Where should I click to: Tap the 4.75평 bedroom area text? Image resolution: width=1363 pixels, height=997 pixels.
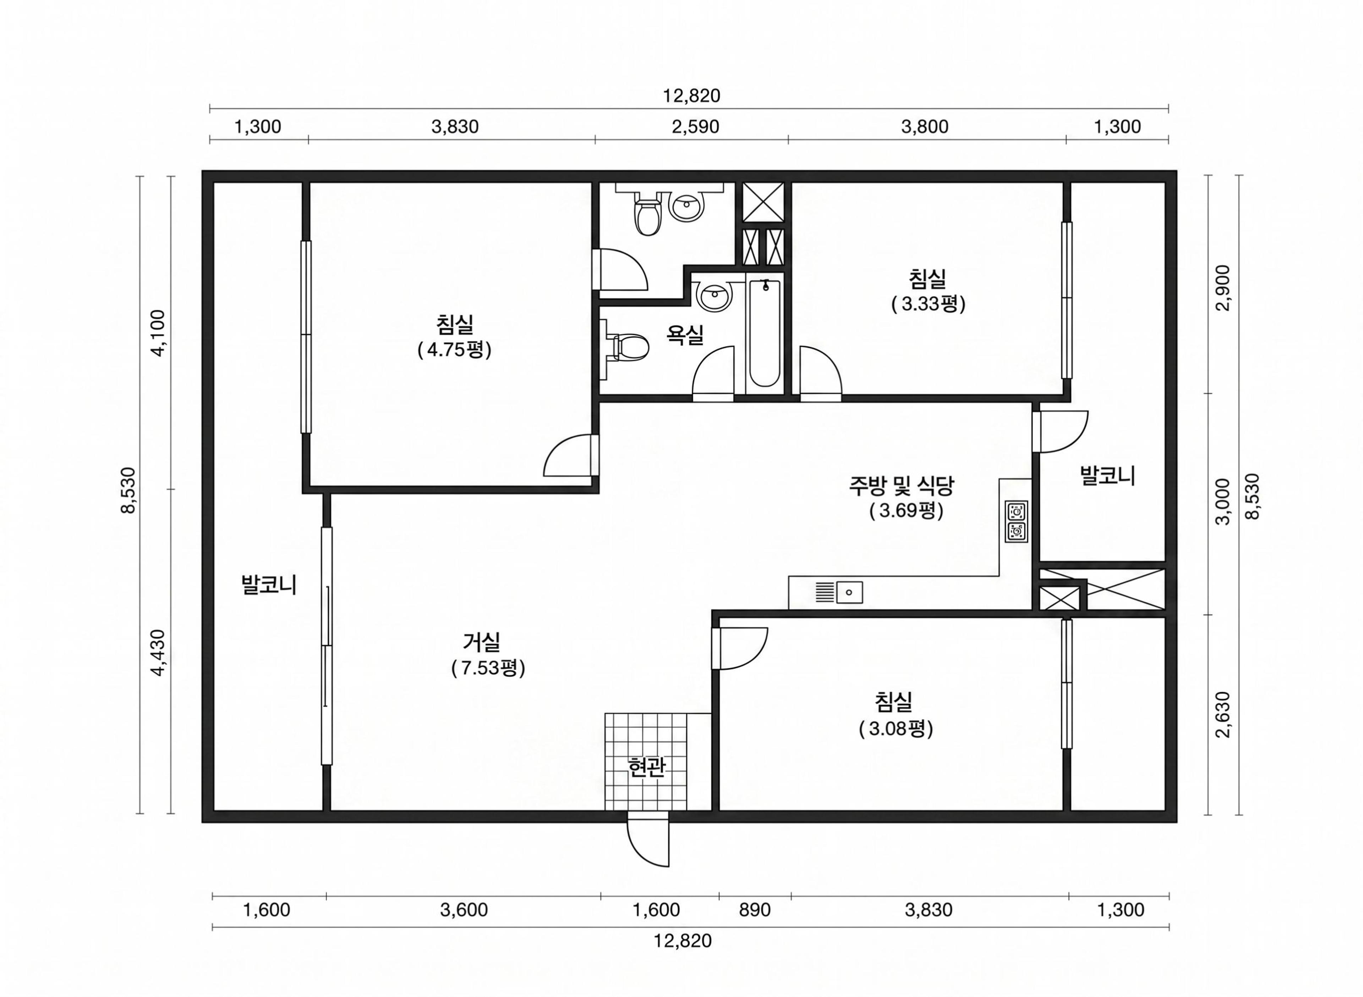coord(454,350)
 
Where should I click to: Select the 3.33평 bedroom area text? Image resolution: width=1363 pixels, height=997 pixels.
coord(928,304)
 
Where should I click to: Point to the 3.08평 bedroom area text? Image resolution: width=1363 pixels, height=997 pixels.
coord(896,729)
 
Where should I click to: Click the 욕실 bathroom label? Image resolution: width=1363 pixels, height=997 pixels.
coord(685,334)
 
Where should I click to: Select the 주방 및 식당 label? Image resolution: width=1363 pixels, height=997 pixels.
coord(902,484)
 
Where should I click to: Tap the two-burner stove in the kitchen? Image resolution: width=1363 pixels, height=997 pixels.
coord(1016,521)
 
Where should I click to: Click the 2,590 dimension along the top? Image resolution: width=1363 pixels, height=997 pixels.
coord(695,127)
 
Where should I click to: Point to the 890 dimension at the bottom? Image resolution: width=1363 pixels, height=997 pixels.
coord(755,909)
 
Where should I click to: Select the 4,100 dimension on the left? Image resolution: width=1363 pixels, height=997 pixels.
coord(158,333)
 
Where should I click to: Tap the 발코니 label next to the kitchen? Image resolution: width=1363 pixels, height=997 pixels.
coord(1107,476)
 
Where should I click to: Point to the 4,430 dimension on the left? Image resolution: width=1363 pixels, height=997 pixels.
coord(158,653)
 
